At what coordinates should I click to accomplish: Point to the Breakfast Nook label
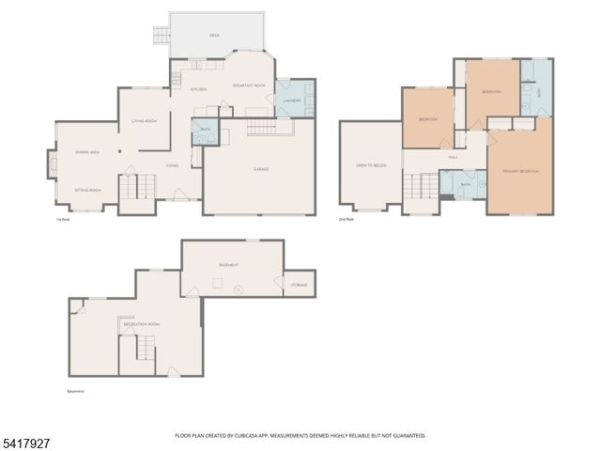pos(248,86)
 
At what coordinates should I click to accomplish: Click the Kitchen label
pos(199,89)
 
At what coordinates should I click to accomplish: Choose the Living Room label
pos(144,121)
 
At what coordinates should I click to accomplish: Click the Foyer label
pos(172,165)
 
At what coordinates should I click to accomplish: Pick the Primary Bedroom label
pos(519,171)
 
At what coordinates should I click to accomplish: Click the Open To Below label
pos(371,165)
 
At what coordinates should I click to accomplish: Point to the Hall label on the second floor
pos(453,158)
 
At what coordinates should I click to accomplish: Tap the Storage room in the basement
pos(299,284)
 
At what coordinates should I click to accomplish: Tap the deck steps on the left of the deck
pos(162,37)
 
